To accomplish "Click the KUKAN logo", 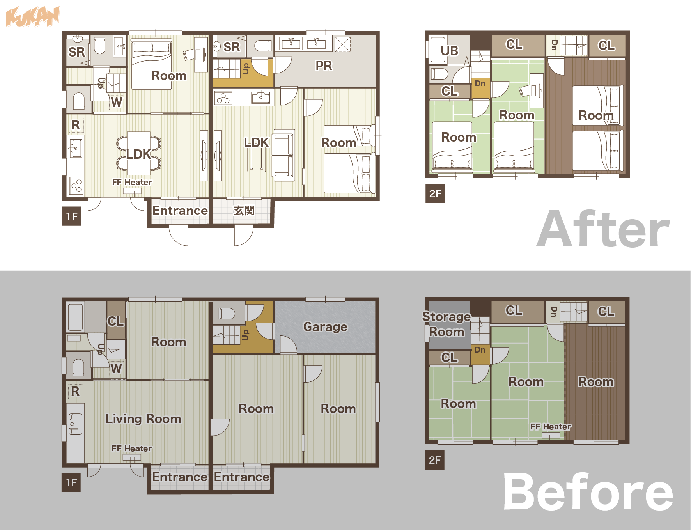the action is click(x=33, y=17).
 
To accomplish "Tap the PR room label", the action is click(x=324, y=66).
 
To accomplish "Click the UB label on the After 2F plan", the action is click(x=450, y=51).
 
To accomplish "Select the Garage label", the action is click(x=325, y=327).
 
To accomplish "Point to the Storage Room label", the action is click(x=447, y=324).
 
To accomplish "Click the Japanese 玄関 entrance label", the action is click(x=244, y=211).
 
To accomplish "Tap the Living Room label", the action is click(x=143, y=419).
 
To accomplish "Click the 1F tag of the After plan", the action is click(x=71, y=216).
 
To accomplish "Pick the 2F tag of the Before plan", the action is click(x=435, y=460).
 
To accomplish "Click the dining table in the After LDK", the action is click(x=138, y=153).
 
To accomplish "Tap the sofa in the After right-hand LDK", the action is click(x=283, y=155).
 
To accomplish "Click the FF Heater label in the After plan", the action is click(x=132, y=182).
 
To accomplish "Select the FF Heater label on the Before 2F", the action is click(x=551, y=427).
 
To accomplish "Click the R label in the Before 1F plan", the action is click(x=75, y=391).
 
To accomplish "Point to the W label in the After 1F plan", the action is click(x=116, y=102).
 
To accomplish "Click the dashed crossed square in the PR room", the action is click(x=342, y=44).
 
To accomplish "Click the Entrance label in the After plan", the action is click(x=180, y=211).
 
